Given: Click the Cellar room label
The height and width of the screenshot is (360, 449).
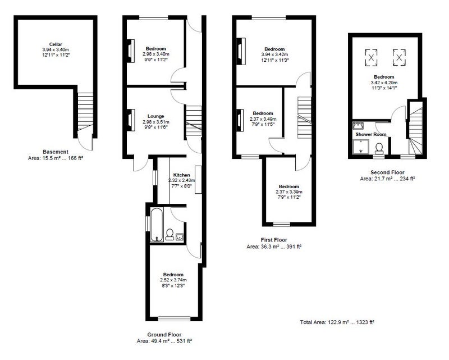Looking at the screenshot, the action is [56, 44].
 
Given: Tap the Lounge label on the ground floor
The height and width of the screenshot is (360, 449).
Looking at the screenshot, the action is [156, 116].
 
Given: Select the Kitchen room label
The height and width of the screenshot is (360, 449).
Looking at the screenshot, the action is [181, 175].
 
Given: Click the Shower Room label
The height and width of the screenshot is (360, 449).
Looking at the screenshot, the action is [371, 134].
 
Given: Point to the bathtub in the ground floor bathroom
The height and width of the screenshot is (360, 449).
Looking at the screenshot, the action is [157, 225].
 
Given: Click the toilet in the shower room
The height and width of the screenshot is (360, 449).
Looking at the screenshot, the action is [379, 149].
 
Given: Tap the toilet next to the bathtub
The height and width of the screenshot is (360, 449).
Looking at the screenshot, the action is [169, 234].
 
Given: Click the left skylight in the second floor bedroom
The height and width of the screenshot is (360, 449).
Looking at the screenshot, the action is [371, 57].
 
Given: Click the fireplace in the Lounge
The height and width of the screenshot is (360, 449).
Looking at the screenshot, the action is [131, 120].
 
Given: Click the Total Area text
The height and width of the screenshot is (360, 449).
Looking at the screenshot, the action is [337, 322].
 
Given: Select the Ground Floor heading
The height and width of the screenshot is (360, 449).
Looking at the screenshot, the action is [164, 335].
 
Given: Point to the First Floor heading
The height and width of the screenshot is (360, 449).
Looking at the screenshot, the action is [274, 240].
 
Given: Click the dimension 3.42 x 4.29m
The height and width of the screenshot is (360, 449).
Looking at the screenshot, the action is [384, 83].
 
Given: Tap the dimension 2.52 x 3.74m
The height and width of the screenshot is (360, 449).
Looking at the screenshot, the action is [173, 280].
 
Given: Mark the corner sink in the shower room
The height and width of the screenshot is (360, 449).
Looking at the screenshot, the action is [358, 126].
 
